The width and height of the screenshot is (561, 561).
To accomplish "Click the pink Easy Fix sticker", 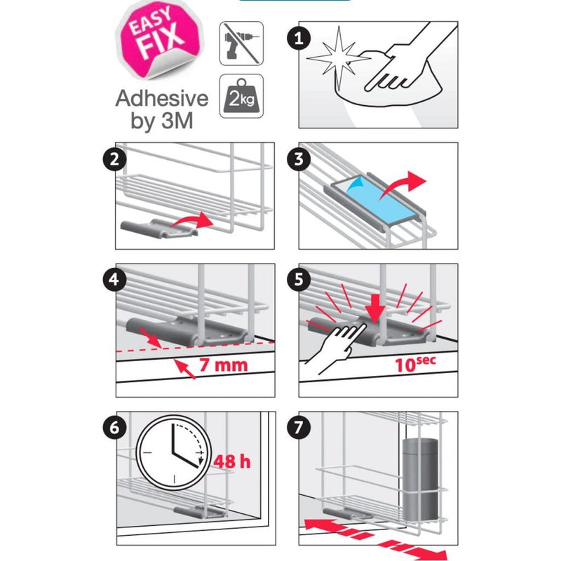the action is [x=160, y=40].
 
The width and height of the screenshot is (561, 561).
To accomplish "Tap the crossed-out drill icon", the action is [x=241, y=43].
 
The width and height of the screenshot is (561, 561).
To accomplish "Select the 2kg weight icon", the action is [x=241, y=96].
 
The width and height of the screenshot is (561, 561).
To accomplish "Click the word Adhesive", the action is [x=162, y=97].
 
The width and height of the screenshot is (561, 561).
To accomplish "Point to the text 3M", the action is [x=177, y=121].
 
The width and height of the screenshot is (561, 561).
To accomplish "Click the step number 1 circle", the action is [x=299, y=39].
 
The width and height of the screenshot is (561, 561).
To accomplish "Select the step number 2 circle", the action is [x=114, y=159].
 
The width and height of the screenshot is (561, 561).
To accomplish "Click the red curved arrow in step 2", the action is [x=192, y=220].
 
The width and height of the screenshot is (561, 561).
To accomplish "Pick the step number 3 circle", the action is [x=299, y=159].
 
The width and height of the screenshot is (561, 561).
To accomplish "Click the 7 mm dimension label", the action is [x=223, y=365].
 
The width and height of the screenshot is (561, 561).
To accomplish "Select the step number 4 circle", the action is [x=114, y=279].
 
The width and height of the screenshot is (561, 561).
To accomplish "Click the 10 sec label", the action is [x=415, y=363].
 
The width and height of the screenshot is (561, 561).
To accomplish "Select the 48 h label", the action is [x=232, y=461].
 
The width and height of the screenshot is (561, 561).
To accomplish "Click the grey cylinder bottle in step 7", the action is [x=420, y=478].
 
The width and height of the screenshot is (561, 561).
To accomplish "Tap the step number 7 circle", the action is [x=299, y=427].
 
